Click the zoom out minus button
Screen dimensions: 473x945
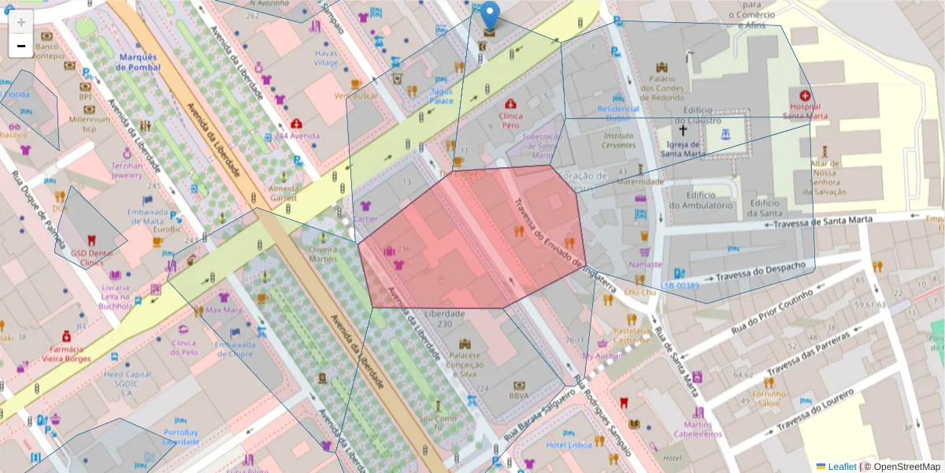21,46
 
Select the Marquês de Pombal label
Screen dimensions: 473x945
138,62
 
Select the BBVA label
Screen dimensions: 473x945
518,396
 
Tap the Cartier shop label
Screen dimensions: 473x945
365,219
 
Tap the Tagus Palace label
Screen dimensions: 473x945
441,96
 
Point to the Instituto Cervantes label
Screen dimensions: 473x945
618,140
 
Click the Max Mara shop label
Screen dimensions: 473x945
224,310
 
